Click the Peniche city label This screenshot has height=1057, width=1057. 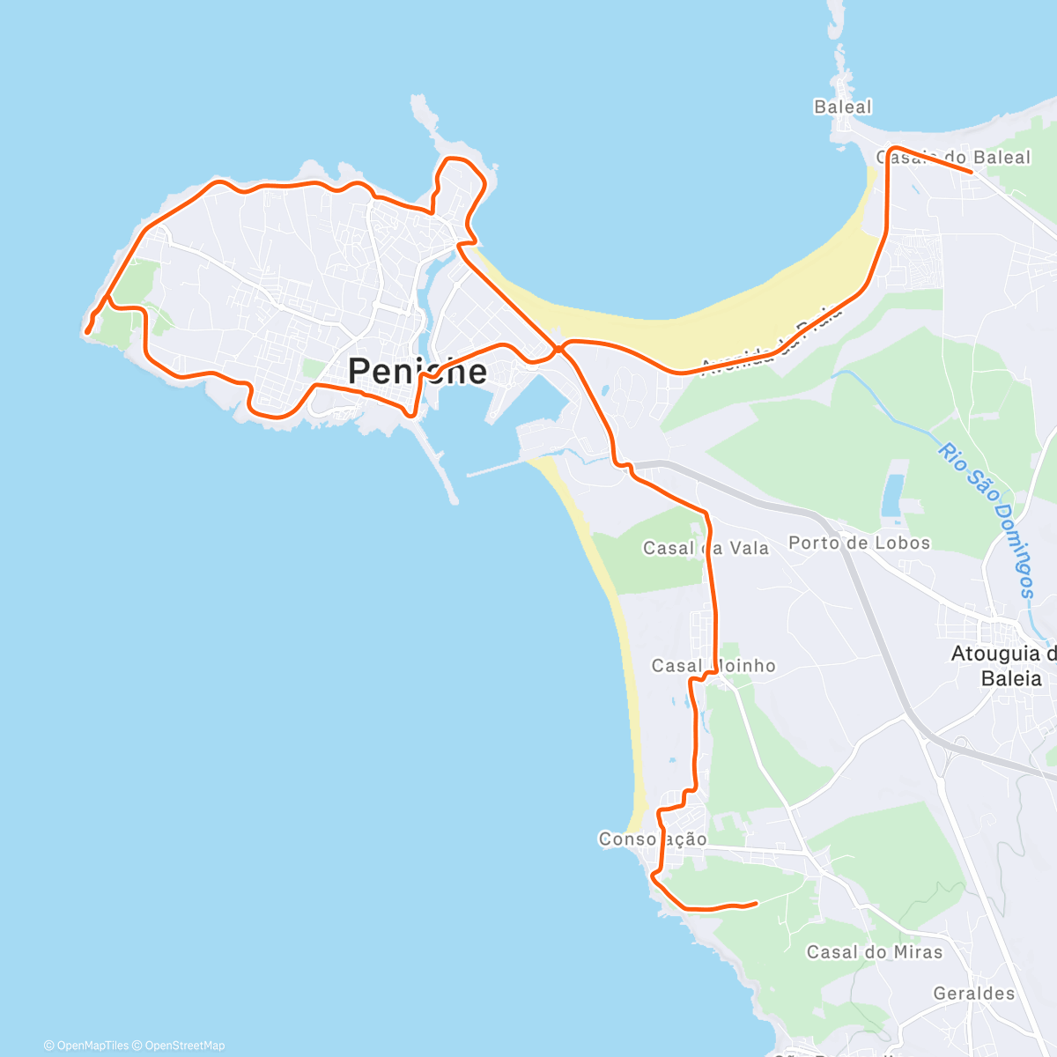(418, 371)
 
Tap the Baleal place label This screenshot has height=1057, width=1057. (842, 107)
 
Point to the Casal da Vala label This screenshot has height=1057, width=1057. (706, 548)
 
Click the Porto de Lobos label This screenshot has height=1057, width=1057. (859, 543)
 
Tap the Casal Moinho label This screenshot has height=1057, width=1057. (713, 666)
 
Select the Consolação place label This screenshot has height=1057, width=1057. (653, 839)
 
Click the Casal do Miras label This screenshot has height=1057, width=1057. (874, 952)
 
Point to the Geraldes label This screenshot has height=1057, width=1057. (974, 994)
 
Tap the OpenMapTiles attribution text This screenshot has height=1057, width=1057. (86, 1046)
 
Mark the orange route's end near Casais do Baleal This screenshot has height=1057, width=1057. (970, 172)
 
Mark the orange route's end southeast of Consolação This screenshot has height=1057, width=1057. (756, 903)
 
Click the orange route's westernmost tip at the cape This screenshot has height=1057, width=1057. (86, 332)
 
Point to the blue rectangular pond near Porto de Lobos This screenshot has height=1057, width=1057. (892, 495)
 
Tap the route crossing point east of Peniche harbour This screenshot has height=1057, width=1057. (558, 350)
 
